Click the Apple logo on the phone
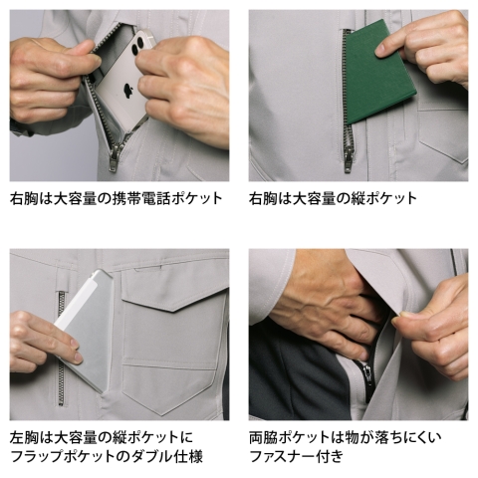coord(127,91)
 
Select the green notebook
coord(380,73)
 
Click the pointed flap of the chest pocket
coord(174,298)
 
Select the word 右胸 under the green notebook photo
coord(263,199)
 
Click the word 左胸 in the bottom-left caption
coord(24,437)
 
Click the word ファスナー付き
coord(296,456)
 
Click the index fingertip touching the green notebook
coord(380,52)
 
